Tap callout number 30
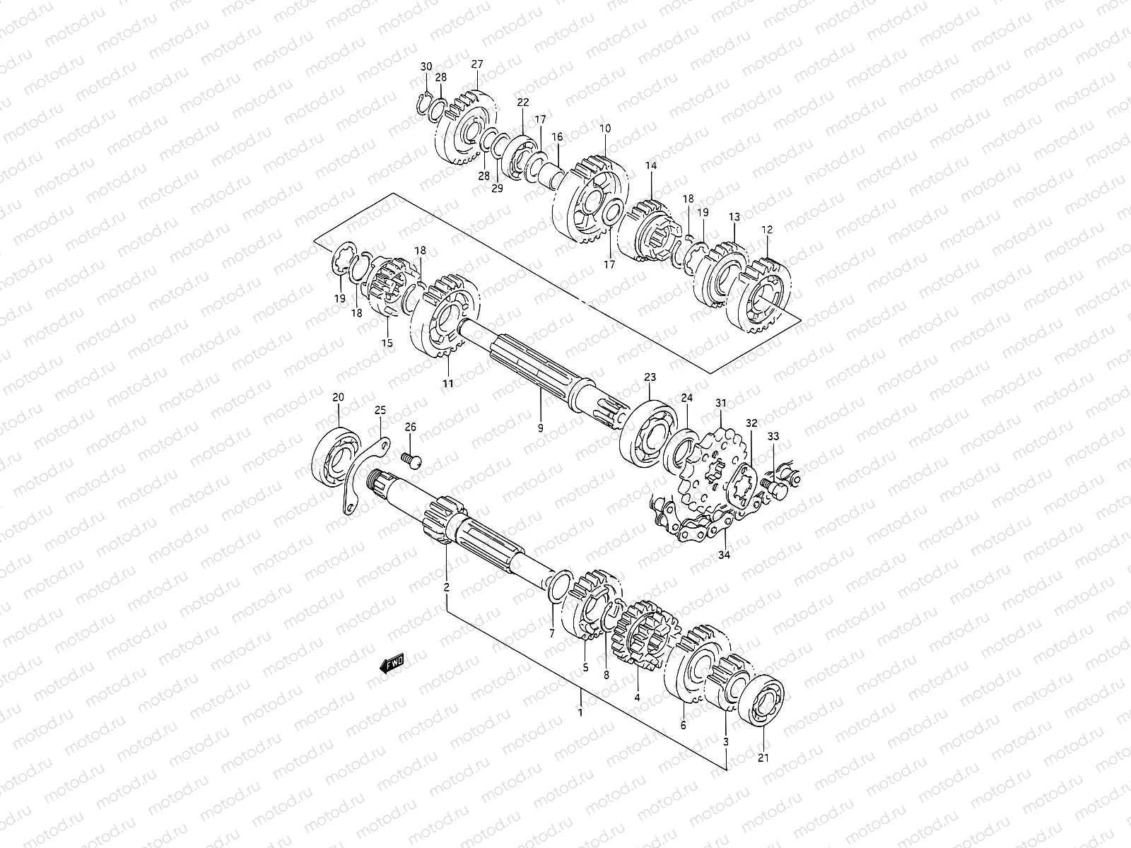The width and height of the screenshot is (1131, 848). [426, 66]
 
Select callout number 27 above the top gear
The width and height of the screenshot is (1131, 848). [477, 64]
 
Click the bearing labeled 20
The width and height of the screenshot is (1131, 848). [336, 457]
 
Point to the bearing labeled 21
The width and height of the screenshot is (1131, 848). [761, 701]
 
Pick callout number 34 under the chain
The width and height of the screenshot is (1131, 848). [724, 555]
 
